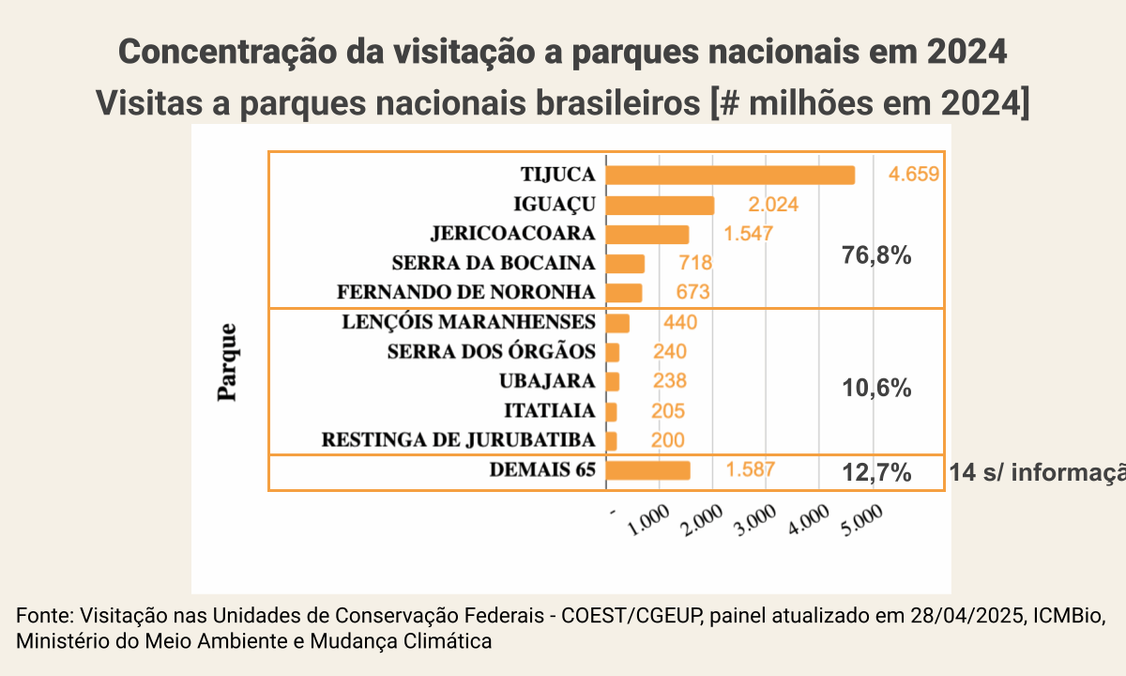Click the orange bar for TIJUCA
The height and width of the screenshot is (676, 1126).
point(730,176)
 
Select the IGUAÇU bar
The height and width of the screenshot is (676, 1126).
point(660,206)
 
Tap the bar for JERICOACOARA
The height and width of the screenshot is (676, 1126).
point(647,235)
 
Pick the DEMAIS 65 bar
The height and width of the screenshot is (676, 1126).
point(648,470)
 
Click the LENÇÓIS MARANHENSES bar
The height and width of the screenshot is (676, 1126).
point(617,323)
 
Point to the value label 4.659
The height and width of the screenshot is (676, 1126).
point(913,175)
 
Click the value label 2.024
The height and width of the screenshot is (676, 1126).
point(772,205)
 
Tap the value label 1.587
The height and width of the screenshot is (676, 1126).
point(750,469)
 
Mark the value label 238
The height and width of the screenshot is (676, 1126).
point(668,381)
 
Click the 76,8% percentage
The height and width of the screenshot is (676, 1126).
point(877,256)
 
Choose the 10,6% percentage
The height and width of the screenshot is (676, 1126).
point(877,388)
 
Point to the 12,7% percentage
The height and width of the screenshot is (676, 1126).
point(877,473)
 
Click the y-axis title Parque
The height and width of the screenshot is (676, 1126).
point(227,362)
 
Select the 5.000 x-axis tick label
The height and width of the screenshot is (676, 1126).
point(866,523)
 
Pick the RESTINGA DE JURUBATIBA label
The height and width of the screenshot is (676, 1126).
point(459,440)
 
